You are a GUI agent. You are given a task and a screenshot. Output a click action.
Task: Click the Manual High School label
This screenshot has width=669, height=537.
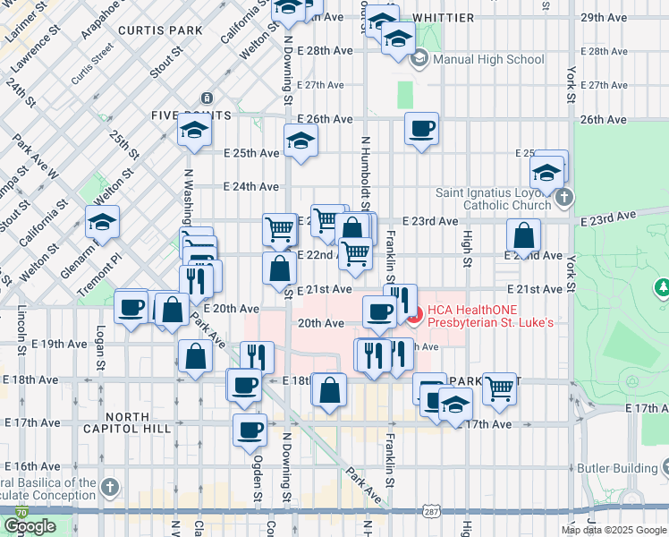coord(487,60)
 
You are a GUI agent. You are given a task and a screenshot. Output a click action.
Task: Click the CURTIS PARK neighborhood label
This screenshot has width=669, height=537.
coord(165,30)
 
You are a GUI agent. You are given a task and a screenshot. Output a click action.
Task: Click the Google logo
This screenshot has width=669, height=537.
coord(30,526)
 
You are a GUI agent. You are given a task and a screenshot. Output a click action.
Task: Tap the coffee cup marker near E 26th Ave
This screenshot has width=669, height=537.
coord(421,129)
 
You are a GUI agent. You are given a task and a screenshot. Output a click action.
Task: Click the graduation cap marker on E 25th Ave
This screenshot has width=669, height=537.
coord(301,141)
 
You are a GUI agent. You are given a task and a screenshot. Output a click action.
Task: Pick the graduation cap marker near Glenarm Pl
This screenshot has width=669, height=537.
coord(103,223)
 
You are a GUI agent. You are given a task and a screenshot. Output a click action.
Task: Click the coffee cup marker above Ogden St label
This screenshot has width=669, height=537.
coord(250,430)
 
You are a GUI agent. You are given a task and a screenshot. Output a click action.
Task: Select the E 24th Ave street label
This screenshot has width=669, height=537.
coord(250,187)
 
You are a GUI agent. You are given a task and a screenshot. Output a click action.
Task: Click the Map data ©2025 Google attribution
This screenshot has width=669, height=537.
coord(614,530)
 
